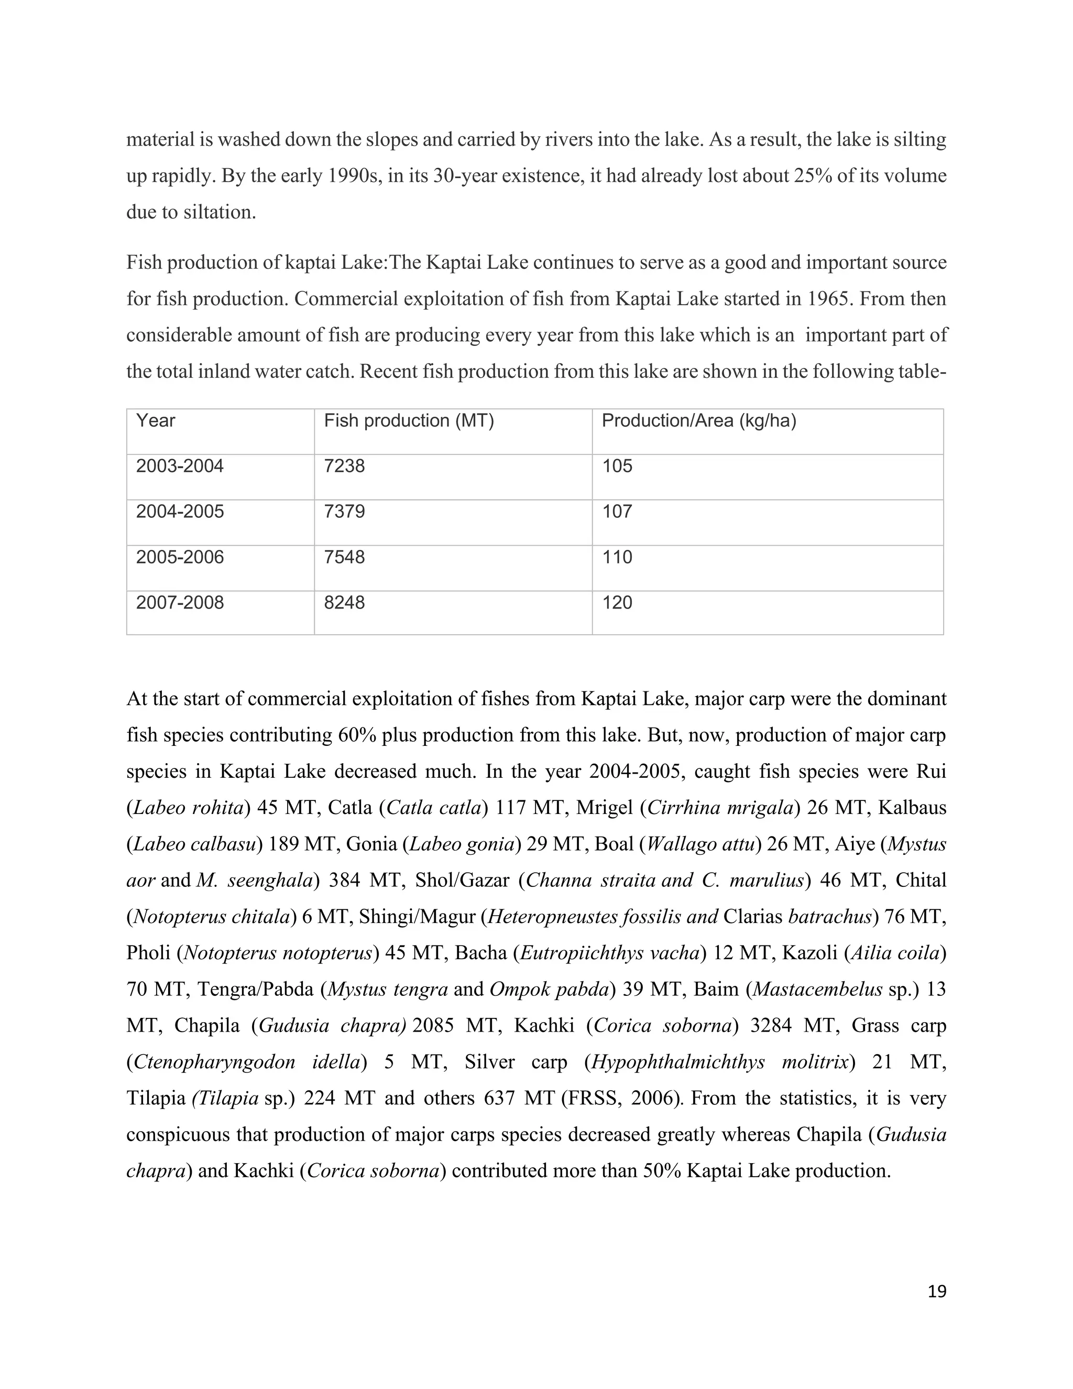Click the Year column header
click(156, 421)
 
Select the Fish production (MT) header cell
click(409, 421)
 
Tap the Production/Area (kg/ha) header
click(698, 421)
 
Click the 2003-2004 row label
click(180, 466)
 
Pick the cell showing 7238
click(345, 466)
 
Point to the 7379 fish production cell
click(345, 512)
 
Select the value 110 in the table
click(617, 558)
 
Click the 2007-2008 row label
click(180, 603)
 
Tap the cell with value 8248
click(345, 603)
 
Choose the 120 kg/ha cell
click(617, 603)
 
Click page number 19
click(937, 1292)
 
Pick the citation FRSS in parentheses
click(593, 1098)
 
